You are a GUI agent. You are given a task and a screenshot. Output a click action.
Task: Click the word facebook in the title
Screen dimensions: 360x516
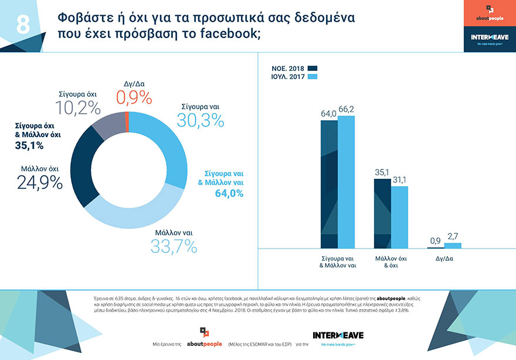[223, 33]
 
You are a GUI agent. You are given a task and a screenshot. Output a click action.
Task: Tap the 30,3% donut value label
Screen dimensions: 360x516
[200, 120]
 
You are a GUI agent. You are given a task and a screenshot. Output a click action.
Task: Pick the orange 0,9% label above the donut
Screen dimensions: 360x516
[134, 97]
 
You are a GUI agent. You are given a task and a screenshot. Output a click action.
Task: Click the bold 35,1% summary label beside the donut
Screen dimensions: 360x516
[30, 146]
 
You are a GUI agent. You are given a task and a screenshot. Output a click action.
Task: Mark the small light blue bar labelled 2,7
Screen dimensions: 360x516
[453, 246]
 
